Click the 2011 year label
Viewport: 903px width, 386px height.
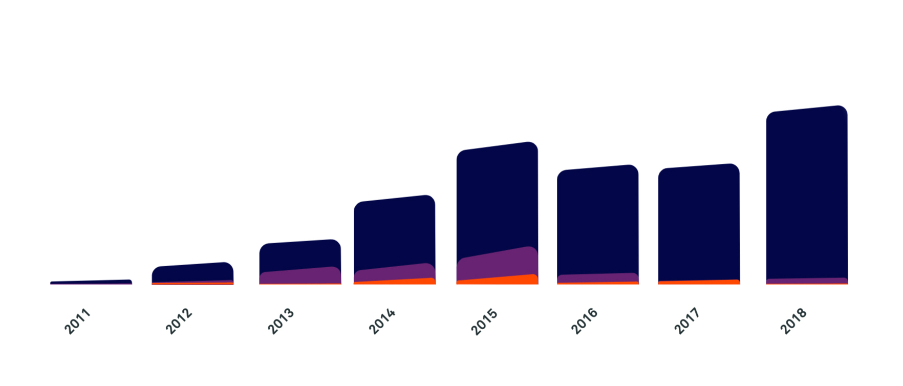77,321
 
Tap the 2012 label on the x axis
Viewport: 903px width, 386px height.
179,321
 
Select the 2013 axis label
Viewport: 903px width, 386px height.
281,321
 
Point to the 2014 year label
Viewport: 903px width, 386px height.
382,321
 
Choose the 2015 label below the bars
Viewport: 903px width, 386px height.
484,321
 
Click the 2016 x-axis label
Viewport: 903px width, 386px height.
584,321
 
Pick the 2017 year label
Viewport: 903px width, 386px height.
686,321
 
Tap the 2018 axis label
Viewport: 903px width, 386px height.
793,321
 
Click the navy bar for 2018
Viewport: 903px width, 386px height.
807,195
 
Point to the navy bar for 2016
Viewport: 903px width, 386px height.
598,220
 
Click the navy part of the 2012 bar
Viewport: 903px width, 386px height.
192,272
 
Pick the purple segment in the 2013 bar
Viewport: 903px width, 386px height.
300,276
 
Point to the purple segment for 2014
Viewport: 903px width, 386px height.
394,273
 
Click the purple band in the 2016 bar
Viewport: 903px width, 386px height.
598,278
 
